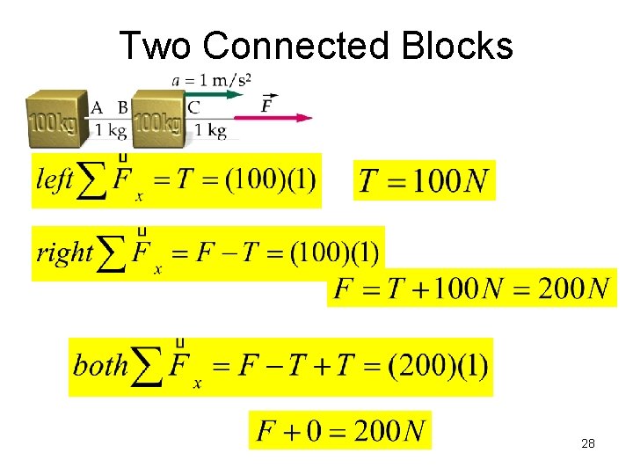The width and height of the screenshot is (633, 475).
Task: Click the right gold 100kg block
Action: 158,119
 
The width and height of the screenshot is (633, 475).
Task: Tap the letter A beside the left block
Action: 98,108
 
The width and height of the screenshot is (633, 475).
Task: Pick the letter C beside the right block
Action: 193,108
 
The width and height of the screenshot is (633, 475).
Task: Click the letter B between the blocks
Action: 122,108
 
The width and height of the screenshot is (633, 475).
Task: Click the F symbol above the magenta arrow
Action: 268,106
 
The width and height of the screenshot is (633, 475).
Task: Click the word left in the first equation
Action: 55,179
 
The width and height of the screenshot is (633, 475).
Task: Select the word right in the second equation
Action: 64,253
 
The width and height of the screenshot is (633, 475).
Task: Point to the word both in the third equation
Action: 100,364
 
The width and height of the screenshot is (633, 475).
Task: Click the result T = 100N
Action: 424,181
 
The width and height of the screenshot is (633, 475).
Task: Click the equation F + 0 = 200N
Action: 340,431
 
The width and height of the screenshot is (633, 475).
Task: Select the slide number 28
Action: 588,443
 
